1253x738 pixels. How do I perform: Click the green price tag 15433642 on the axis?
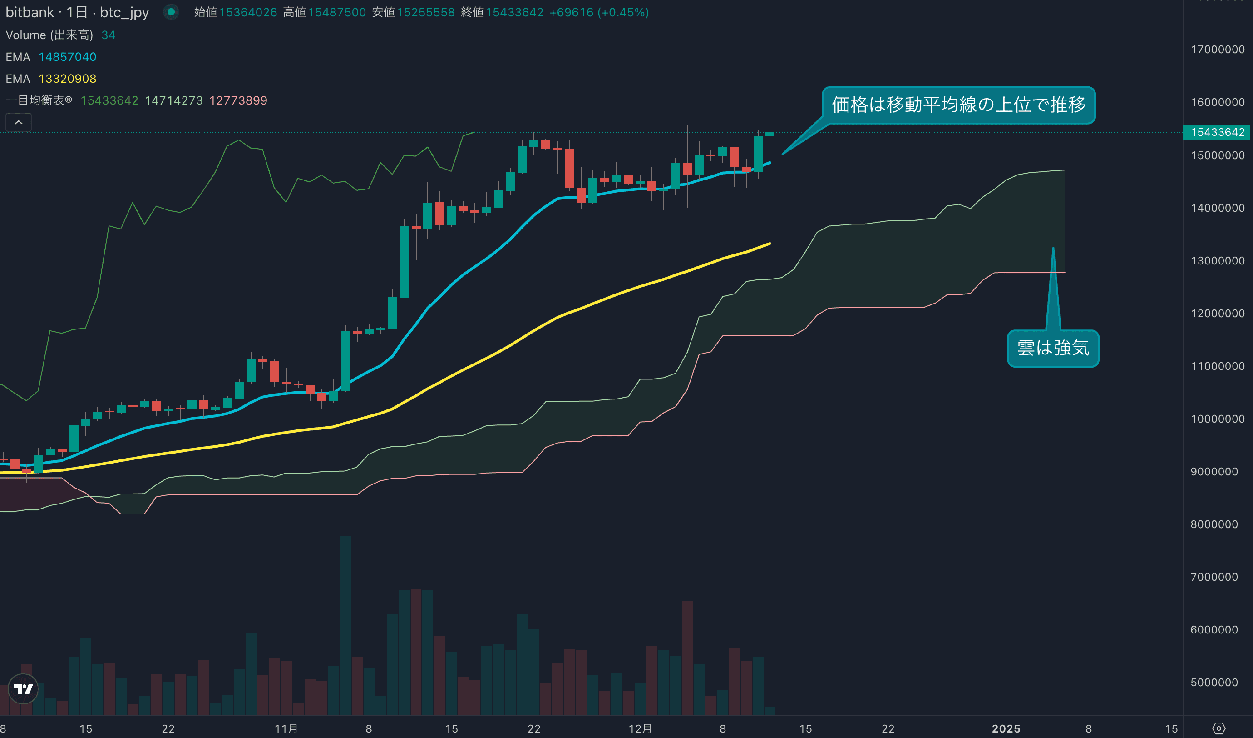point(1217,132)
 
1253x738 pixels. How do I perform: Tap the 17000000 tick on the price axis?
point(1217,49)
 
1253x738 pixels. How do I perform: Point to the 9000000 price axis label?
point(1214,471)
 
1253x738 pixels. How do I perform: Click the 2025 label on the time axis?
point(1006,728)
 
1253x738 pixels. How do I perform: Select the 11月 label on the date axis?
point(286,728)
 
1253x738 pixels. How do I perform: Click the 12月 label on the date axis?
point(640,728)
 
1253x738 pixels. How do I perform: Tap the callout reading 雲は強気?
point(1053,348)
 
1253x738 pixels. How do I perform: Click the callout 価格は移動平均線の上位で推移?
point(958,105)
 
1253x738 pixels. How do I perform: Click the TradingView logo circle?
point(23,689)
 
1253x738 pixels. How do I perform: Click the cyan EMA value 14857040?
point(67,57)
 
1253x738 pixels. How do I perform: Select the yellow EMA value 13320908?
point(67,79)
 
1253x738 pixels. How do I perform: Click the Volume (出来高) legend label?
point(49,35)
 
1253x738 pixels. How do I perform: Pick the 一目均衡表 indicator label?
point(39,100)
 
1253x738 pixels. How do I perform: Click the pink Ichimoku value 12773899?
point(238,100)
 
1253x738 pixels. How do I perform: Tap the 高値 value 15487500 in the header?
point(336,12)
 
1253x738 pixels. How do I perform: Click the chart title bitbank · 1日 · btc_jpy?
point(77,12)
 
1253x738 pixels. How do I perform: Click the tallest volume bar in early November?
point(345,624)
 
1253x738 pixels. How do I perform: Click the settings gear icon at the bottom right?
point(1218,728)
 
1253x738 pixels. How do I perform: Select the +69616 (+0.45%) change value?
point(599,12)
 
